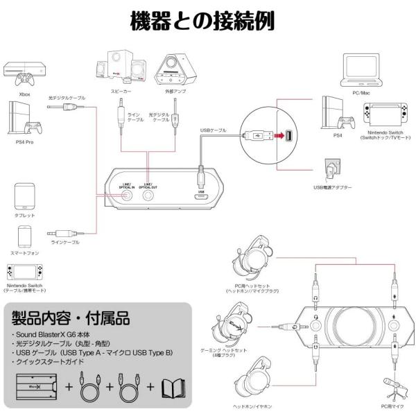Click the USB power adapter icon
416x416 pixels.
coord(331,168)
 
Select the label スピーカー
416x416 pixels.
coord(119,90)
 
